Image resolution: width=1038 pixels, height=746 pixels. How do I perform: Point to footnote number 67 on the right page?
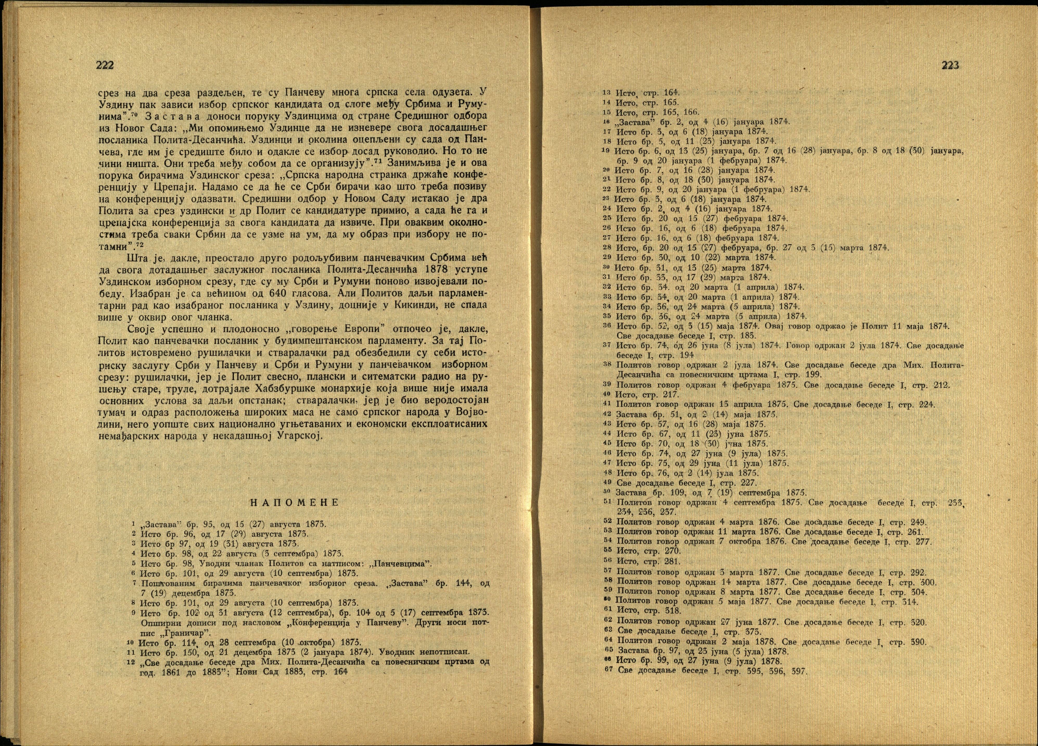tap(608, 671)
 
